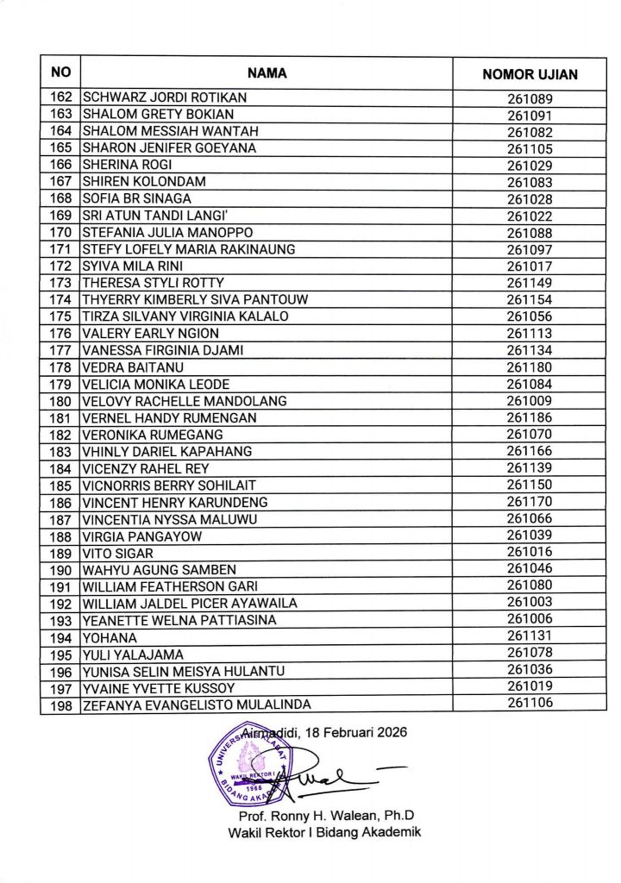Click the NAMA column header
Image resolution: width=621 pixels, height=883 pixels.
[x=267, y=73]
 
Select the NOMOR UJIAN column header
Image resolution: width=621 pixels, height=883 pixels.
[x=530, y=74]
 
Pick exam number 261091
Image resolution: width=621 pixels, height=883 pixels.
[x=530, y=115]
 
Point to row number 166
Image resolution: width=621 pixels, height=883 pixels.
[x=60, y=165]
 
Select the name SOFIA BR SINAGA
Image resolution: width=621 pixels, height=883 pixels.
[x=136, y=198]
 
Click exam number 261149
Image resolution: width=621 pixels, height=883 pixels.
[x=530, y=283]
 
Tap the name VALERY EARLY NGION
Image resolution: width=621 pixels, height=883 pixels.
[x=150, y=334]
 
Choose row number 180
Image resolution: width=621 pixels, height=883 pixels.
[x=60, y=401]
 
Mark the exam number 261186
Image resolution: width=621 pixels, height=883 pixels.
[x=530, y=418]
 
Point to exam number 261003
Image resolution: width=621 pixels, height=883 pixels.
[x=530, y=603]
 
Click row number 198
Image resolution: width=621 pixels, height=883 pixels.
[x=60, y=705]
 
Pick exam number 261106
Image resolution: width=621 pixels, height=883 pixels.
[x=530, y=704]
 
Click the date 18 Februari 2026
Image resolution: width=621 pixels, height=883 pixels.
[x=354, y=732]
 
